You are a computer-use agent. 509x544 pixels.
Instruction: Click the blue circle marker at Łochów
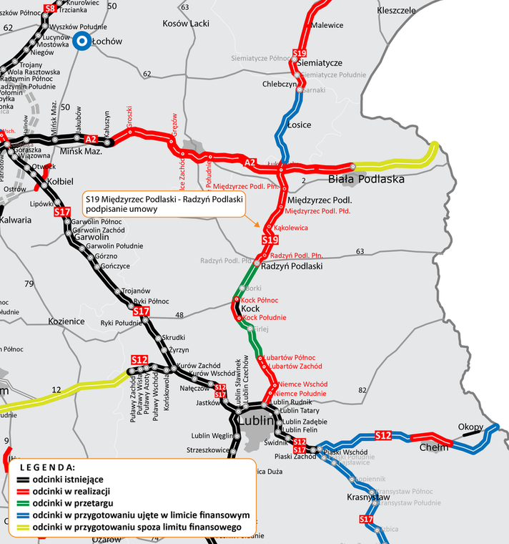click(x=82, y=42)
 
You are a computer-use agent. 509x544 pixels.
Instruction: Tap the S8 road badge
click(x=49, y=9)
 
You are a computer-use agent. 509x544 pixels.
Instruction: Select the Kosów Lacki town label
click(x=185, y=24)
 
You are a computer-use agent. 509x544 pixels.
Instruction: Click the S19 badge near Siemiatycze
click(x=300, y=53)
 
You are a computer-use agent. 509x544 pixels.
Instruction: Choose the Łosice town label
click(x=298, y=125)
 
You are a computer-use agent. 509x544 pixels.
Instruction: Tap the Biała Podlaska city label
click(x=367, y=179)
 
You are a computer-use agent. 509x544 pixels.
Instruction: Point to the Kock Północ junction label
click(x=259, y=301)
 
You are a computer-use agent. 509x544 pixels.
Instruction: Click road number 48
click(x=179, y=315)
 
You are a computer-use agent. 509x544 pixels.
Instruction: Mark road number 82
click(x=362, y=390)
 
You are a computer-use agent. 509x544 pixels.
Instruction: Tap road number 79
click(x=29, y=284)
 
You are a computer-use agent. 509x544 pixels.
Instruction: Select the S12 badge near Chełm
click(x=383, y=435)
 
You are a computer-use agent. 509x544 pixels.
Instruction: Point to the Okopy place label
click(x=471, y=427)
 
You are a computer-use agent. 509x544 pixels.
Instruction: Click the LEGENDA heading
click(x=46, y=467)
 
